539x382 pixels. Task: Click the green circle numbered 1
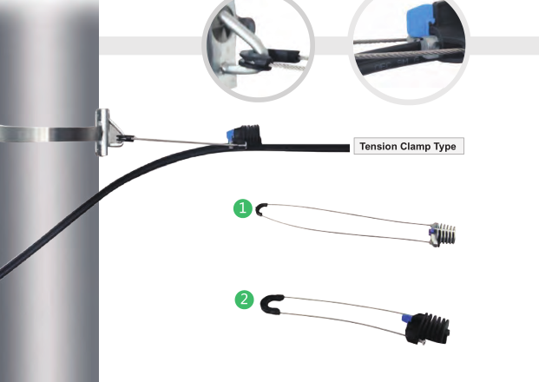tap(244, 208)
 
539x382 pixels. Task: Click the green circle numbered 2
tap(245, 300)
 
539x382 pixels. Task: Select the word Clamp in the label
tap(421, 147)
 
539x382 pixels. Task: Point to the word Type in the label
tap(450, 147)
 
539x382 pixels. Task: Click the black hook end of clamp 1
tap(259, 208)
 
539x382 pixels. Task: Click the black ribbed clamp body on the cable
tap(251, 135)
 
